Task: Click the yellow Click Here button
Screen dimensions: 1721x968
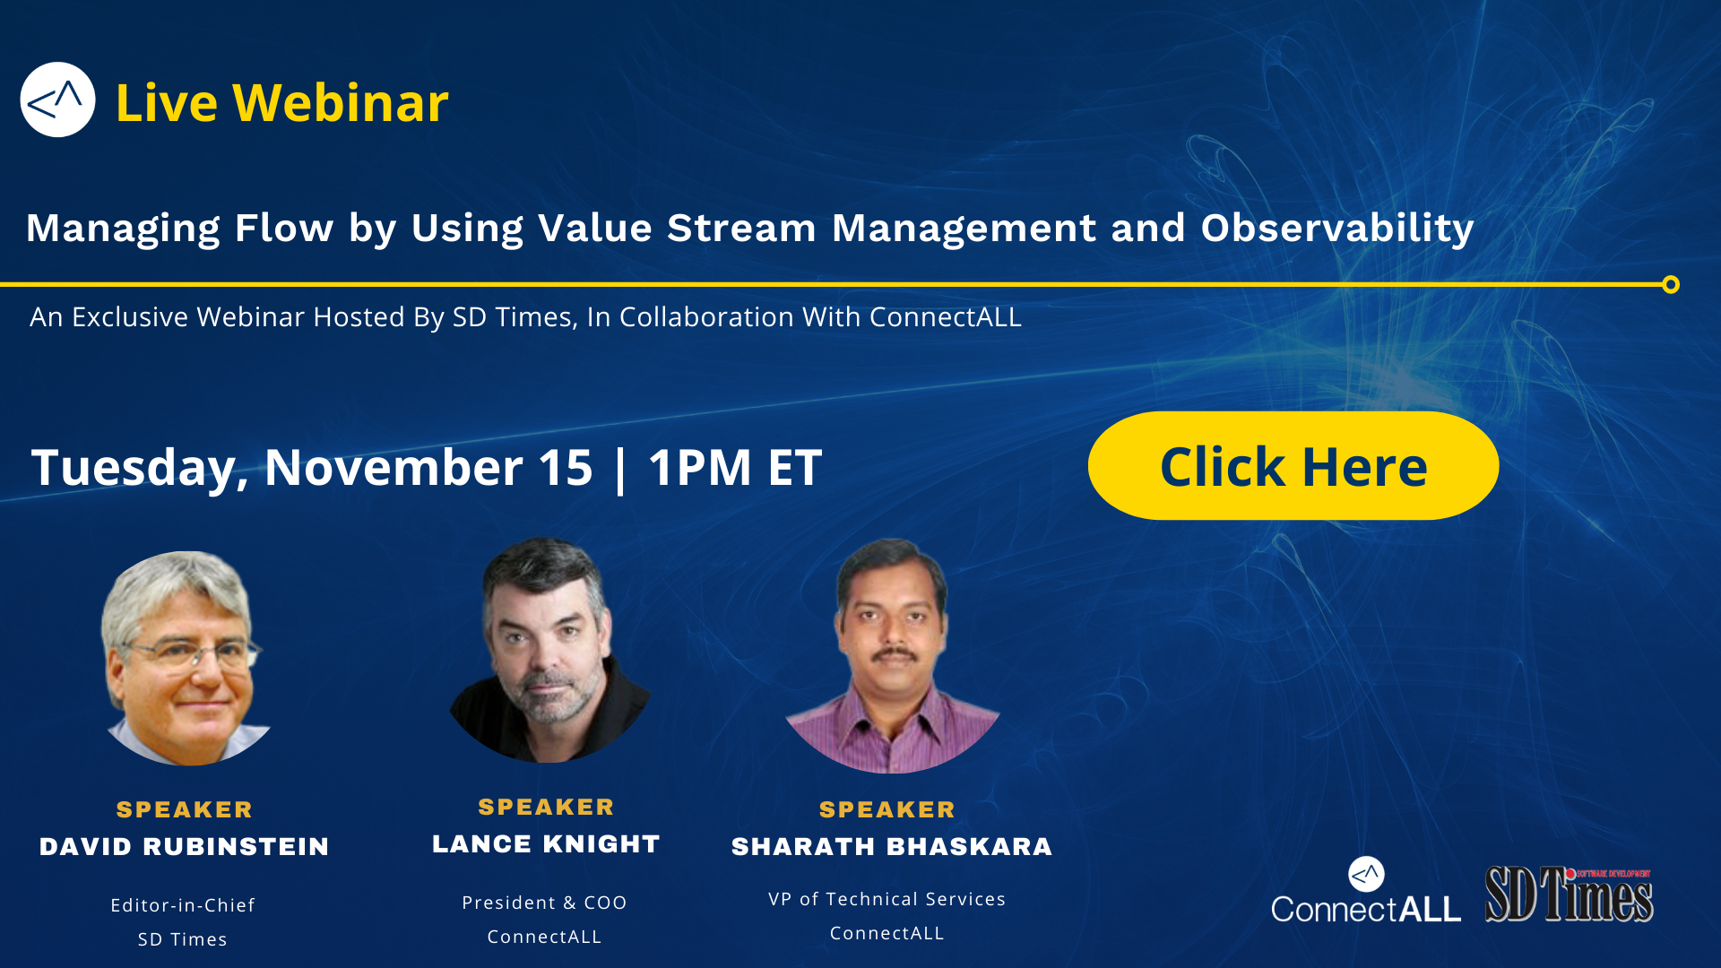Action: [1293, 465]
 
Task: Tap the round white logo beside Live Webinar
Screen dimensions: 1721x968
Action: [57, 99]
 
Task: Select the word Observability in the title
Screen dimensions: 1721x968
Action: [1337, 229]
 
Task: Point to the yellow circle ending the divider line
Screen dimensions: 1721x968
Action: [1671, 285]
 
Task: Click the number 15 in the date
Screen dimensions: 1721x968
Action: [566, 467]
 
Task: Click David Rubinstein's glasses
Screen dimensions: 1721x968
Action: [190, 654]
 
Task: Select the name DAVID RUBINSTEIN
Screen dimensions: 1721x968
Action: [185, 847]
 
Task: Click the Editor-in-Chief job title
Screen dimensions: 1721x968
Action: [183, 905]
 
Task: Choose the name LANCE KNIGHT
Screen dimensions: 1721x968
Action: [546, 844]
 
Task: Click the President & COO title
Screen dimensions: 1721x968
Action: [544, 903]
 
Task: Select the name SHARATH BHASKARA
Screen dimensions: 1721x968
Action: [892, 847]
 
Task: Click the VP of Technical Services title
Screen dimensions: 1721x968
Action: [887, 899]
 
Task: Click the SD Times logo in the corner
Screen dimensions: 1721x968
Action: [1570, 894]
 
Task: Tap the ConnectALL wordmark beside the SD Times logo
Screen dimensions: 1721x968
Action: [1366, 909]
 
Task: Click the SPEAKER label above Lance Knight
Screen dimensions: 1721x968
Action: [546, 807]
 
